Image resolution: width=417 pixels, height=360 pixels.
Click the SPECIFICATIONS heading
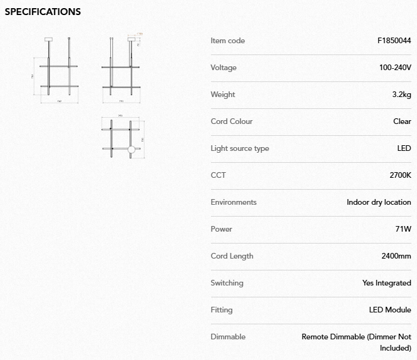(x=43, y=12)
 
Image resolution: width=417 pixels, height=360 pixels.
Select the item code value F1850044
(x=394, y=41)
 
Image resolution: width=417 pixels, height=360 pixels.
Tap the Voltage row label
(x=224, y=68)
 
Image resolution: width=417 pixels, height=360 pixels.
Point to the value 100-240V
(x=395, y=68)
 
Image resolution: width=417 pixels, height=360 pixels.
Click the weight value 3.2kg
(x=401, y=95)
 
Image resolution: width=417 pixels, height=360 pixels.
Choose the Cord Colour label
(x=232, y=121)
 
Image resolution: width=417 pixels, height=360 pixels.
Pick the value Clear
(x=402, y=121)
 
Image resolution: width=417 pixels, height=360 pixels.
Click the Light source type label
(x=240, y=148)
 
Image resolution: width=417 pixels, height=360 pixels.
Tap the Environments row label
(x=234, y=202)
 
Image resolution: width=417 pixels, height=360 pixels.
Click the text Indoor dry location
(x=379, y=202)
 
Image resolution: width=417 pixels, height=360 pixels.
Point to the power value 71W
(x=403, y=229)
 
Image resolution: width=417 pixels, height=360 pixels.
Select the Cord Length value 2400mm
(x=396, y=256)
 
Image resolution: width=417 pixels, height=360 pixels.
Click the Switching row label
(x=227, y=283)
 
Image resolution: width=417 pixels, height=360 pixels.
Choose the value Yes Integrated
(x=386, y=283)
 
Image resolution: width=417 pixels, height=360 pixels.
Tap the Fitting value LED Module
(x=390, y=310)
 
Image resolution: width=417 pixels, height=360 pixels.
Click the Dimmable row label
(x=228, y=337)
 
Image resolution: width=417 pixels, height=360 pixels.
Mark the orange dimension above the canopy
(x=140, y=34)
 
